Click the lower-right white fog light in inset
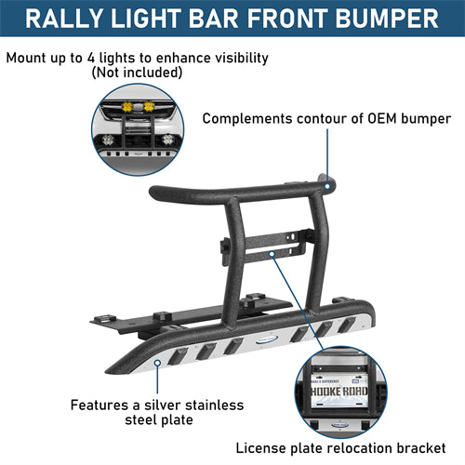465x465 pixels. (x=168, y=139)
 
